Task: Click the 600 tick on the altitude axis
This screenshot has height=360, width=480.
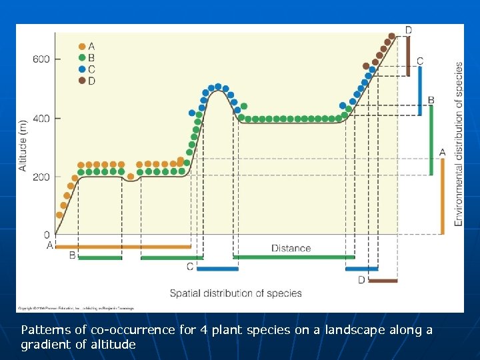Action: click(x=41, y=59)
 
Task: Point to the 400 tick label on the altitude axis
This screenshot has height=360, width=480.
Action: click(x=41, y=119)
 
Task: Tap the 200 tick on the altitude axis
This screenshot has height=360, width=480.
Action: click(x=41, y=177)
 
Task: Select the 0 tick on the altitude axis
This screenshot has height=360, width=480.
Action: click(x=47, y=235)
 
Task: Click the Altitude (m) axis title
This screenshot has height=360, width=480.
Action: click(x=23, y=144)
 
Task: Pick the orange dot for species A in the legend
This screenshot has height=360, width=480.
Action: click(x=82, y=47)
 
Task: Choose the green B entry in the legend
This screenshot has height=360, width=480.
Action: click(x=82, y=58)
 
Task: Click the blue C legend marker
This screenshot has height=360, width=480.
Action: click(x=82, y=69)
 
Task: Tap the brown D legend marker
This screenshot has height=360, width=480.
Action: click(x=82, y=81)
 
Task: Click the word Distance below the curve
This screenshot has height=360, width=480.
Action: click(x=291, y=249)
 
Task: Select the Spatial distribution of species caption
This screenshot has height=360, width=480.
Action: click(x=235, y=293)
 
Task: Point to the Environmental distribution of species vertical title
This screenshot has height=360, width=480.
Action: click(x=459, y=144)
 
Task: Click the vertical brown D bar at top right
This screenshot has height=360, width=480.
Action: click(x=408, y=56)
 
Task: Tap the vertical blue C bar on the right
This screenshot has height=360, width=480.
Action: click(x=420, y=91)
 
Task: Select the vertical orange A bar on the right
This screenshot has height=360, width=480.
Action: click(x=442, y=196)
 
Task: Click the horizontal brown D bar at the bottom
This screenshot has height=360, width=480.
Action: click(x=383, y=281)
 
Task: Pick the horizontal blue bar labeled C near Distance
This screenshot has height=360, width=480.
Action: click(x=217, y=269)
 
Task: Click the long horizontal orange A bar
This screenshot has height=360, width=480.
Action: click(x=123, y=246)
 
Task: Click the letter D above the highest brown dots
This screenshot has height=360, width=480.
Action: click(x=408, y=30)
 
